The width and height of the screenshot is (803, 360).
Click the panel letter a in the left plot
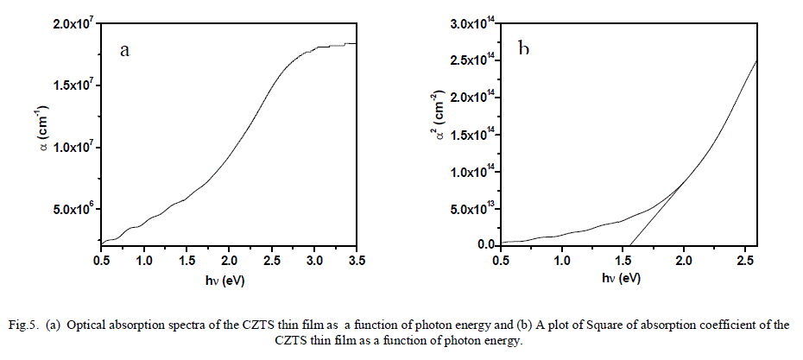tap(124, 50)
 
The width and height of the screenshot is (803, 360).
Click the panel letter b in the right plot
tap(524, 47)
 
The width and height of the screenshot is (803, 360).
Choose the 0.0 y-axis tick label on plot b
tap(486, 245)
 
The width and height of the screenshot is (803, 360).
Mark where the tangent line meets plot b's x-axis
tap(630, 246)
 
